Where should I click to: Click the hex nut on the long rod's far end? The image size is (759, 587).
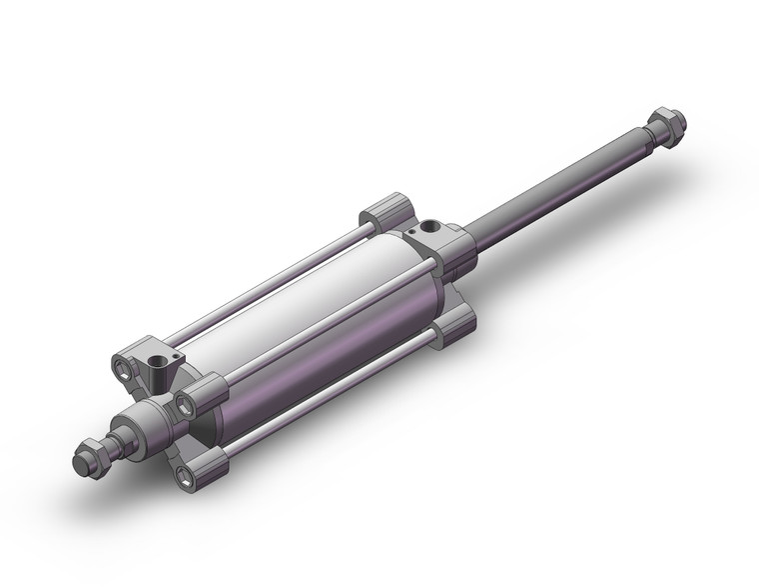tap(665, 129)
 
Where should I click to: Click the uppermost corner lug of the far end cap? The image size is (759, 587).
tap(385, 212)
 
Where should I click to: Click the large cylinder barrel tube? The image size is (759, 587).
tap(320, 320)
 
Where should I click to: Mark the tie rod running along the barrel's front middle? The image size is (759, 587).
tap(310, 330)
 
